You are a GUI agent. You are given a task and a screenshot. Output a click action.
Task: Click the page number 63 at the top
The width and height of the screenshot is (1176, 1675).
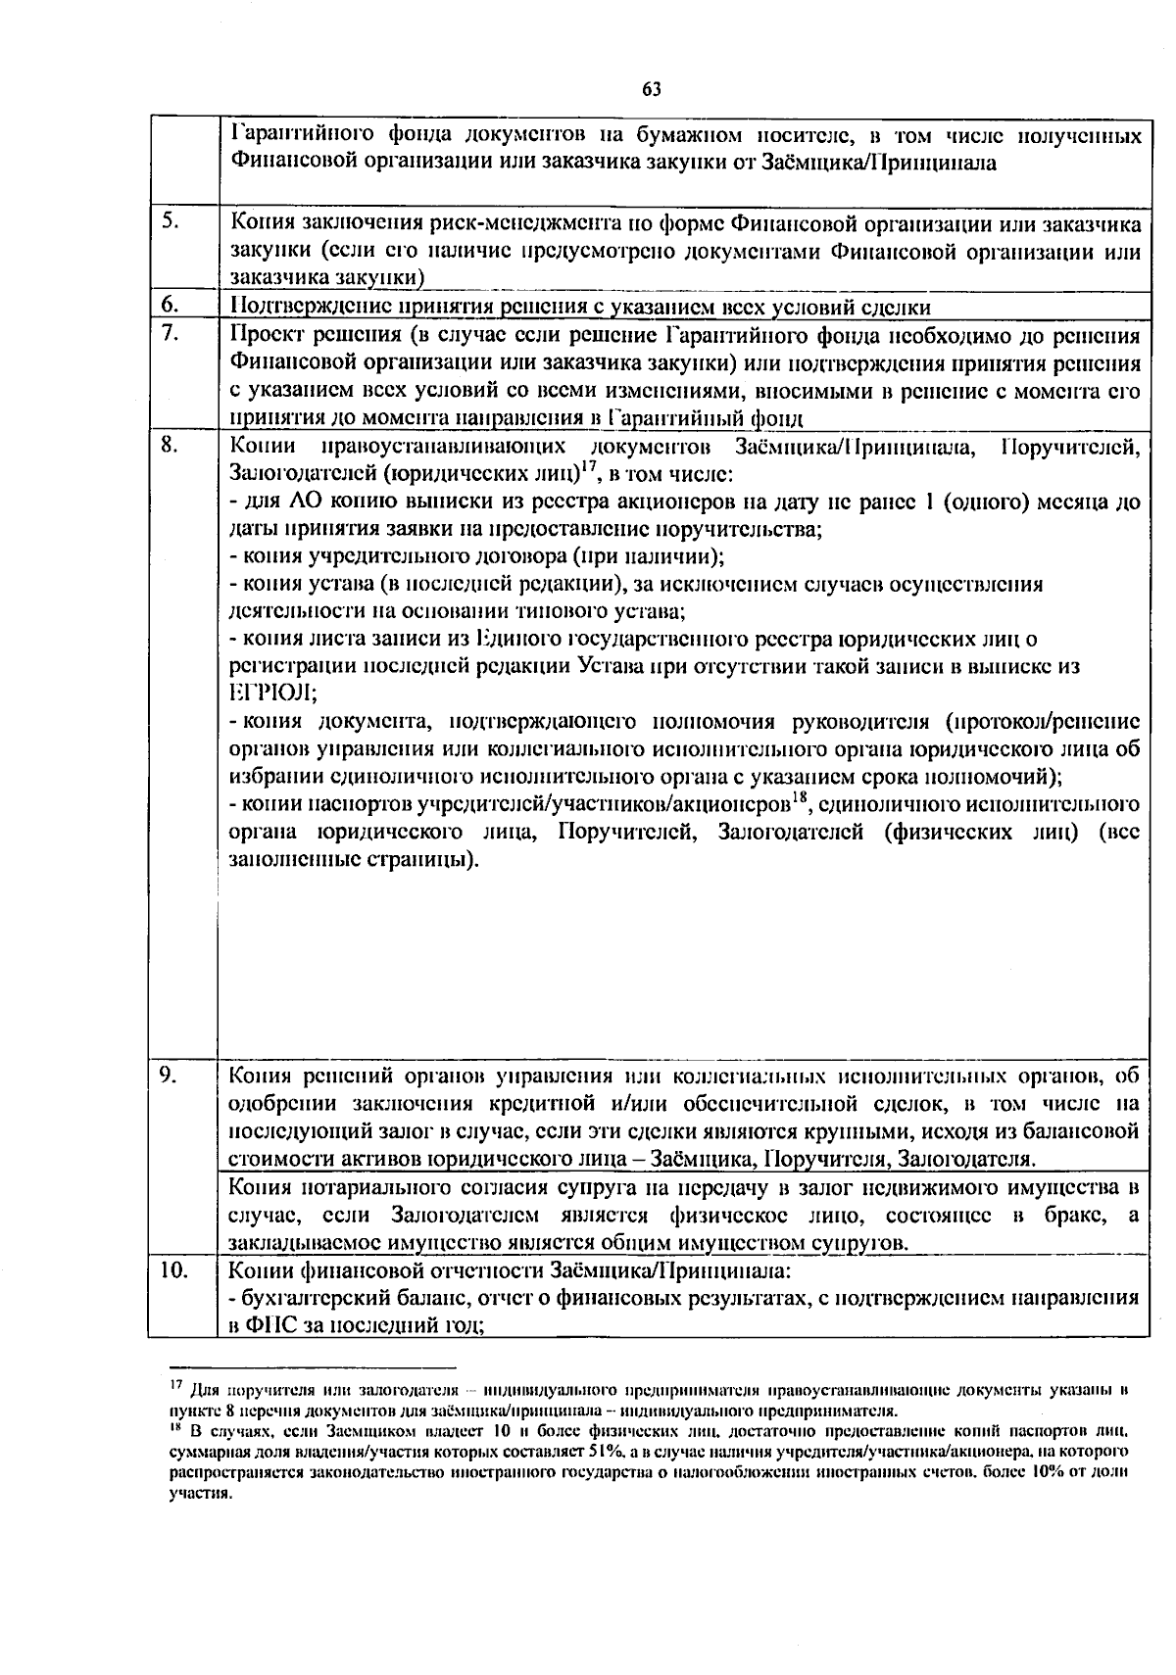[651, 89]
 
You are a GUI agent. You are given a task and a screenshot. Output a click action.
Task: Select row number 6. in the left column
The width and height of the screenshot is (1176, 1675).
[170, 306]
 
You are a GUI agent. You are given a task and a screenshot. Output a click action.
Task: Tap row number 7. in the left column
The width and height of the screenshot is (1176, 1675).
[170, 333]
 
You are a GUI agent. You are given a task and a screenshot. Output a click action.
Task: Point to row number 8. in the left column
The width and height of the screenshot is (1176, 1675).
[170, 445]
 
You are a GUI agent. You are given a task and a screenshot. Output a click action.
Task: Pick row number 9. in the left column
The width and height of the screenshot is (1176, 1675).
[170, 1076]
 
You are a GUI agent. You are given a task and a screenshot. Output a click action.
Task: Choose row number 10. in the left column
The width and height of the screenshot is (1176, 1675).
[174, 1270]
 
